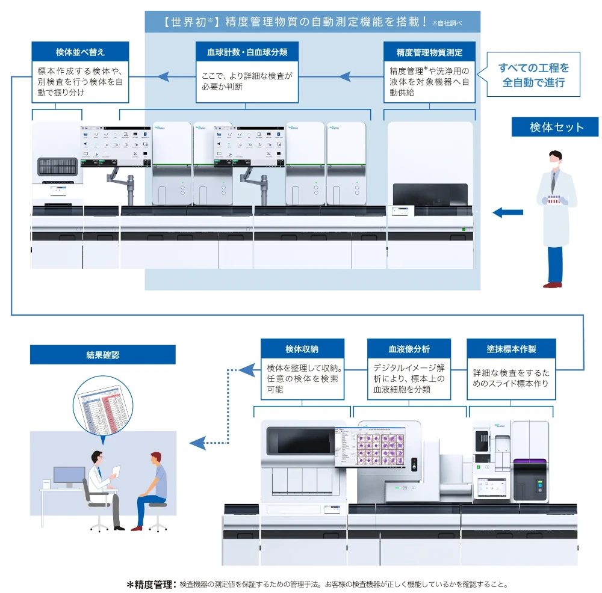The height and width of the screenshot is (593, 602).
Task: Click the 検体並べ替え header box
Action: click(80, 52)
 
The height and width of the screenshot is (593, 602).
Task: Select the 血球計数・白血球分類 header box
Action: click(247, 52)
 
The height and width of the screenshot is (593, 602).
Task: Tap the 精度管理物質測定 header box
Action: click(429, 52)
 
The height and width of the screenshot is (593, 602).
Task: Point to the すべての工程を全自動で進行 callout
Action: click(533, 76)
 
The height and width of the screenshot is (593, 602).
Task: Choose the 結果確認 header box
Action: click(102, 355)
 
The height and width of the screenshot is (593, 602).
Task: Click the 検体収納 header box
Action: click(302, 349)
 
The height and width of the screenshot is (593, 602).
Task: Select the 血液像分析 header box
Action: click(409, 349)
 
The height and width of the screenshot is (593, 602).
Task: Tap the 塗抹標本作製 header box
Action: click(511, 349)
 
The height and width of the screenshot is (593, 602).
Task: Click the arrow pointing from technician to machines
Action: click(507, 212)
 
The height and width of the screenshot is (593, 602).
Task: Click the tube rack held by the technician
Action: click(553, 199)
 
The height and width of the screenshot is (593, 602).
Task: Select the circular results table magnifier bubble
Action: click(102, 405)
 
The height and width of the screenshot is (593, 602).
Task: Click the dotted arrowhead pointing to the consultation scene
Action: click(196, 444)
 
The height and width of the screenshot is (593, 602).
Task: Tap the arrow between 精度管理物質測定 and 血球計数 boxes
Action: click(345, 76)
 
